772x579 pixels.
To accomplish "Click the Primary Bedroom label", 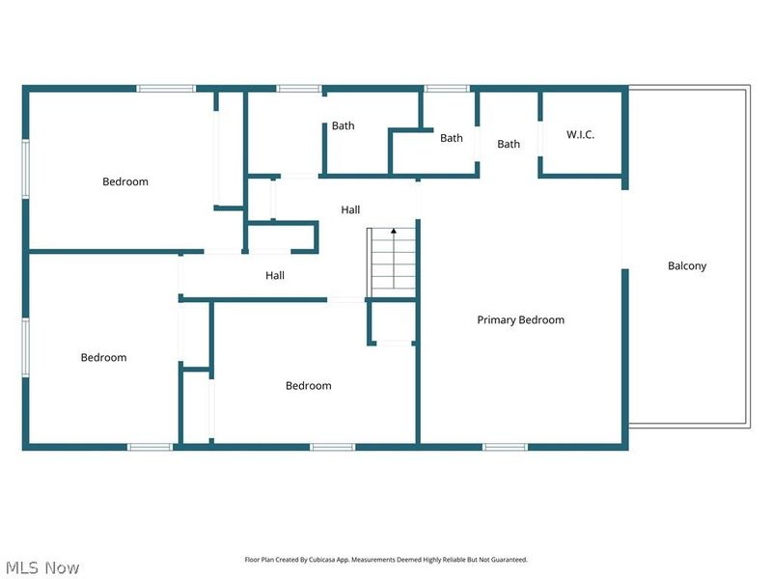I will click(520, 319).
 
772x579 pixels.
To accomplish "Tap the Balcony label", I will click(687, 265).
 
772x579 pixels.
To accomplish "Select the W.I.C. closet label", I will click(580, 134).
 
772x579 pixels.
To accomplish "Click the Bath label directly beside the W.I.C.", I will click(509, 144).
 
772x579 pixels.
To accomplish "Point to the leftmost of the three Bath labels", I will click(343, 125).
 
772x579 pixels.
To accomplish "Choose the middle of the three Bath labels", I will click(451, 138).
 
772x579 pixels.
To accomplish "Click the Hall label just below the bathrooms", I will click(350, 209).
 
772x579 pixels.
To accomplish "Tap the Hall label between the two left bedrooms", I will click(275, 275).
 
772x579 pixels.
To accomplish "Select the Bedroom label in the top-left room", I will click(125, 181).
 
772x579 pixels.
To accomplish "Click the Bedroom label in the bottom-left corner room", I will click(103, 357).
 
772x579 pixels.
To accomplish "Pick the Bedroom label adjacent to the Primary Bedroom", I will click(308, 385).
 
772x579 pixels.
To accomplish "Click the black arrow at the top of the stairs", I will click(393, 232).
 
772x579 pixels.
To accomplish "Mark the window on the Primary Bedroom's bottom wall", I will click(505, 447).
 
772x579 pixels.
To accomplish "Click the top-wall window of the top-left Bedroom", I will click(166, 89).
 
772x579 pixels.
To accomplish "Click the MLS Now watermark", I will click(41, 567).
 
